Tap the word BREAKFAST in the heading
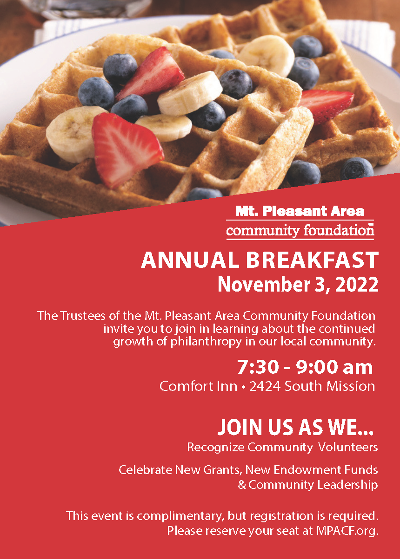click(x=312, y=260)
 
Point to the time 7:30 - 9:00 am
click(x=305, y=367)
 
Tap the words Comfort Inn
click(x=198, y=386)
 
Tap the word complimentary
click(x=177, y=515)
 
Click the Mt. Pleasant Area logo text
click(x=300, y=212)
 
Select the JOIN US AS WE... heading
click(x=295, y=428)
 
